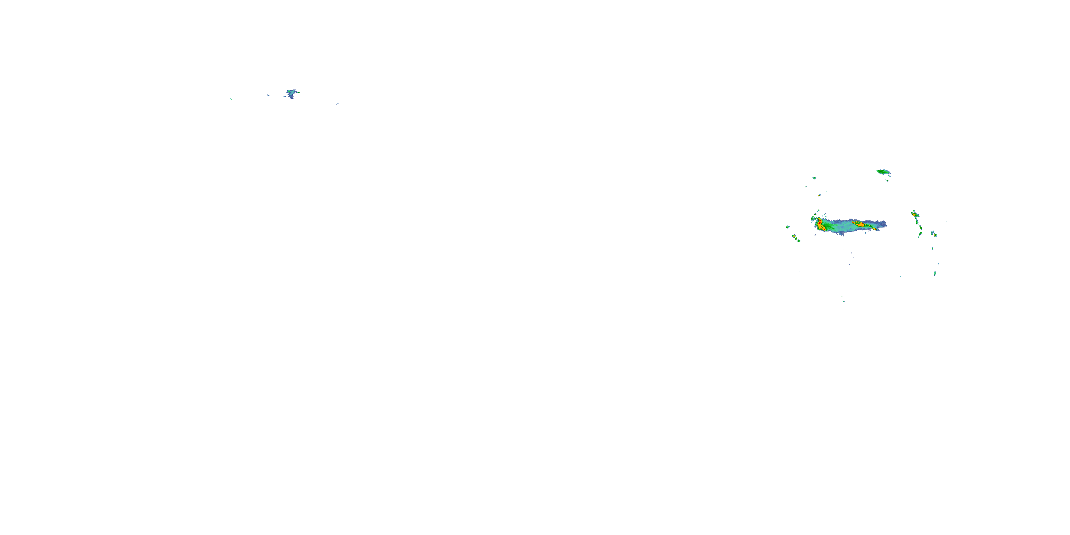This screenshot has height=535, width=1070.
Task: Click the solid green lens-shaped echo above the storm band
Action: tap(883, 172)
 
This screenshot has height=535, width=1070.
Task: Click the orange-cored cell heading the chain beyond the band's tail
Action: tap(914, 214)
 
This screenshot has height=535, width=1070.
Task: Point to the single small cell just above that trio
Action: tap(788, 227)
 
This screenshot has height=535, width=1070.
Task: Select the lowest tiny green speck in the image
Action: tap(843, 301)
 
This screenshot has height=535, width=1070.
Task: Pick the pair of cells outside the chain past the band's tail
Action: tap(934, 234)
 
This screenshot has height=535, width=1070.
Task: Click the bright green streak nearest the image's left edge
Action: tap(231, 99)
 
